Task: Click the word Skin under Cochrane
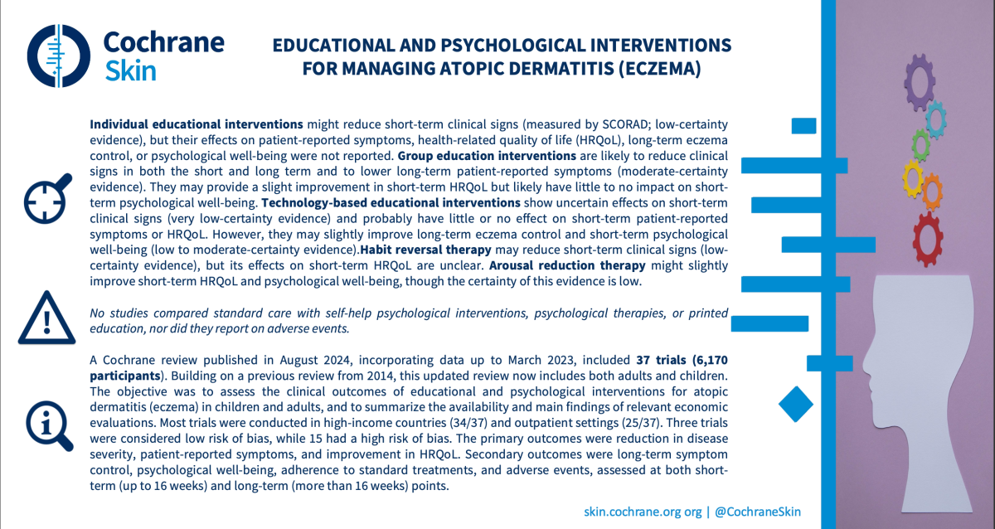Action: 130,70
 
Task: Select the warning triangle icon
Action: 42,318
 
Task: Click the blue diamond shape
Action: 797,404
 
